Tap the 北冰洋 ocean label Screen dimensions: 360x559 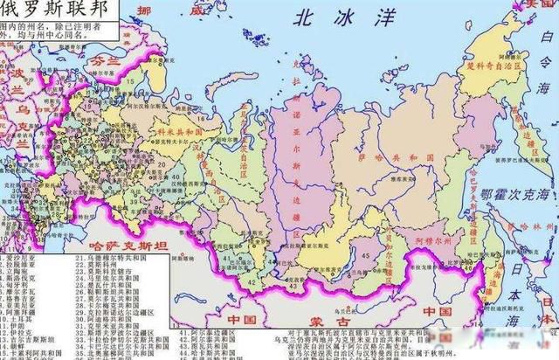coord(328,17)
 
